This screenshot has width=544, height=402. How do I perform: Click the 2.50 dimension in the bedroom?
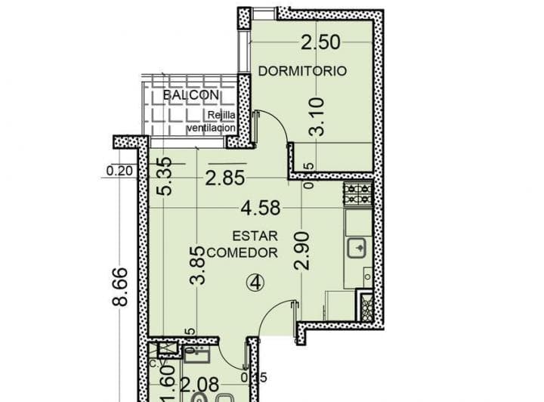(320, 42)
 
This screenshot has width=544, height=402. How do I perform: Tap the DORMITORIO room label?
(302, 71)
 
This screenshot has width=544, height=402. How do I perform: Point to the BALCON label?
(191, 95)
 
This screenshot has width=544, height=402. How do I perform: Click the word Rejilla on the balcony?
(224, 116)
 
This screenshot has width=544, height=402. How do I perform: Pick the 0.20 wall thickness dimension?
(119, 171)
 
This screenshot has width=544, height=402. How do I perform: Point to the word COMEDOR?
(242, 252)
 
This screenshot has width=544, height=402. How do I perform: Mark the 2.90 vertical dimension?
(302, 252)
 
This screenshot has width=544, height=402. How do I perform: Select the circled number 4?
(256, 283)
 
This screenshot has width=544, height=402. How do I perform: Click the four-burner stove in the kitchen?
(358, 195)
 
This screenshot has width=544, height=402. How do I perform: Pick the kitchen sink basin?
(357, 247)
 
